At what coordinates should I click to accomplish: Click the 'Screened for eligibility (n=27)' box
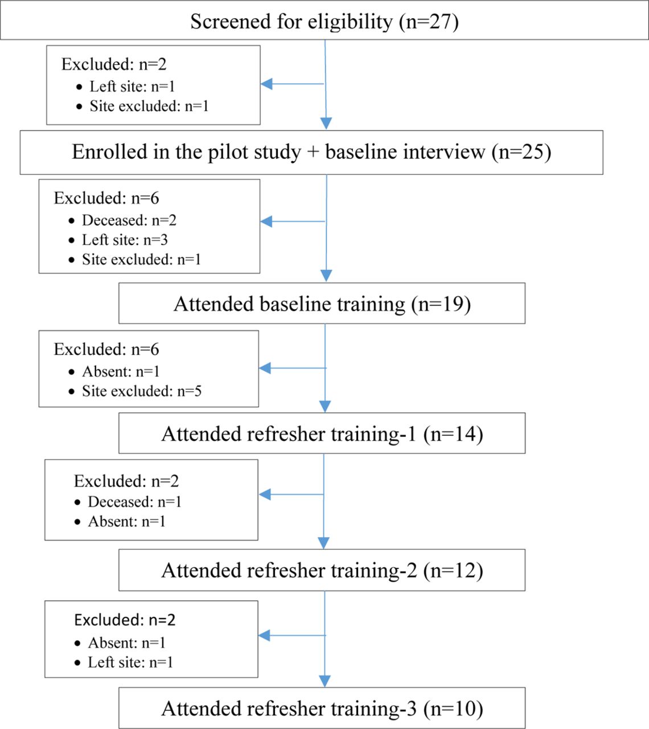click(324, 20)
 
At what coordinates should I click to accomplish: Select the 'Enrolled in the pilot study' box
click(311, 153)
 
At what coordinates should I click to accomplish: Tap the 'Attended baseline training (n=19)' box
click(322, 304)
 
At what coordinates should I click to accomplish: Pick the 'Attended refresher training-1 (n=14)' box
click(322, 433)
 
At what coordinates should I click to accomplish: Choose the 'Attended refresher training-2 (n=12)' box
click(322, 570)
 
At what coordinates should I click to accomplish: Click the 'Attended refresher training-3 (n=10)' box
click(322, 708)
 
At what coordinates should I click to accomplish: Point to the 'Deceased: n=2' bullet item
click(122, 220)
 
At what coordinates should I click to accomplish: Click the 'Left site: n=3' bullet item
click(118, 240)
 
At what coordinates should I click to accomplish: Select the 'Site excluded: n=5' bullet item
click(135, 391)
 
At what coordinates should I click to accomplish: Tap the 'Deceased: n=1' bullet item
click(128, 502)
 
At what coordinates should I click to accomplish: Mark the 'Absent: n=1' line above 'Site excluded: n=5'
click(114, 371)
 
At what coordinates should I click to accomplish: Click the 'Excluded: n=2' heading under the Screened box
click(114, 64)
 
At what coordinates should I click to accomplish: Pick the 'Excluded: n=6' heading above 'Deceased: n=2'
click(106, 198)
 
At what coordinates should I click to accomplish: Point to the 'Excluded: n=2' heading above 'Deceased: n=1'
click(126, 481)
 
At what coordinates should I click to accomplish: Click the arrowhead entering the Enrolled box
click(326, 124)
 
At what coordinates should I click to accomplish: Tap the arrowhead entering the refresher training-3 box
click(324, 681)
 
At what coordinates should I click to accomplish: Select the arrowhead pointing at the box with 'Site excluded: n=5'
click(265, 368)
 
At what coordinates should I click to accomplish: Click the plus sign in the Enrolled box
click(313, 152)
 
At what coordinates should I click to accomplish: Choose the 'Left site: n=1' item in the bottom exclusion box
click(124, 662)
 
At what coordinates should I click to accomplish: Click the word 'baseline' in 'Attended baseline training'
click(295, 304)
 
